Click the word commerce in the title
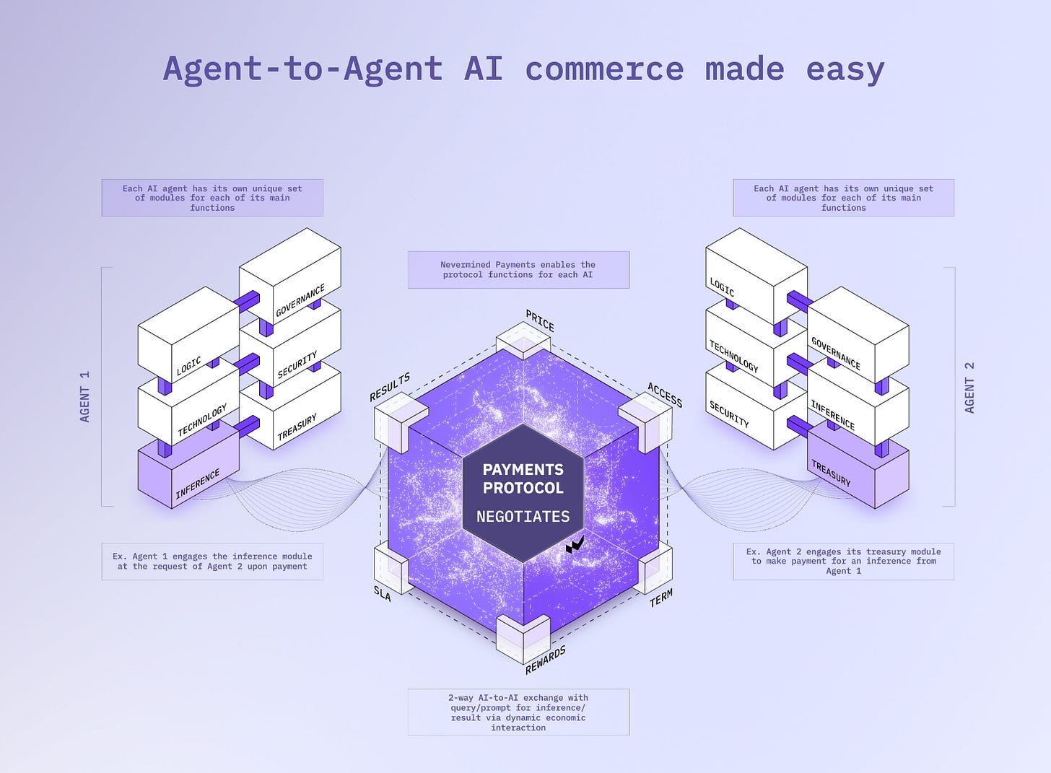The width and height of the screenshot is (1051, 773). coord(604,69)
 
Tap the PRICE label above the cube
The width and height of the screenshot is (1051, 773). coord(540,320)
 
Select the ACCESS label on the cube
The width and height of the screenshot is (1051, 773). coord(665,395)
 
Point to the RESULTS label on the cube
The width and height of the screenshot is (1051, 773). coord(390,387)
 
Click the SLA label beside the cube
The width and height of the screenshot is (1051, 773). coord(383,593)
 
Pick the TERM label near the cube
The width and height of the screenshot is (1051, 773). coord(661,598)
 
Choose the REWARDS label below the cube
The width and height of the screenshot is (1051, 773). coord(546,660)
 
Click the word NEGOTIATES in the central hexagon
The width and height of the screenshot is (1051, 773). coord(523,517)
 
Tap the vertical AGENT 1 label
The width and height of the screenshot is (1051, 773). coord(85,396)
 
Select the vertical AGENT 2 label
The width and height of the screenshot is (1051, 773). coord(969,387)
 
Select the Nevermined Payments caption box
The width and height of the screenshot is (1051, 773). coord(518,270)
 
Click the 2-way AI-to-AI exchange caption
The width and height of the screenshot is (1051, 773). coord(518,712)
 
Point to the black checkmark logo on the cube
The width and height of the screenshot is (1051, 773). coord(575,544)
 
